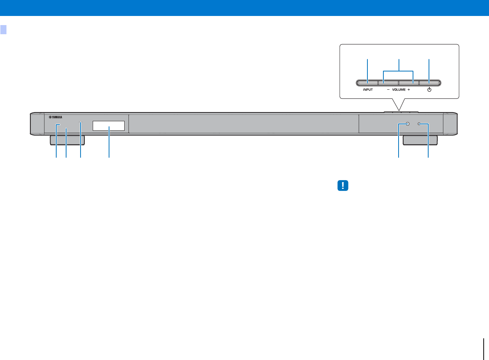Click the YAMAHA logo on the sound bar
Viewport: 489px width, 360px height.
[x=55, y=117]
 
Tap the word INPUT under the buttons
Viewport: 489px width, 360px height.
[x=367, y=90]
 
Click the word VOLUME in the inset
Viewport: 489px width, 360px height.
[x=398, y=90]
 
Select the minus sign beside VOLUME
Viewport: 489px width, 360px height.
[x=388, y=90]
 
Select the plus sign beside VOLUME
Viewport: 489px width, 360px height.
[x=408, y=90]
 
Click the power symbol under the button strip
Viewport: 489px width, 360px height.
[x=429, y=90]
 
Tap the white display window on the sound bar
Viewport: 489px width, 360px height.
[x=109, y=126]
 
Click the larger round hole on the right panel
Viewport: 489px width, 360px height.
[x=407, y=124]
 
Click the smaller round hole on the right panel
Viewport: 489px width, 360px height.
[x=419, y=124]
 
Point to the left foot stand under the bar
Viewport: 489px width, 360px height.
[x=67, y=140]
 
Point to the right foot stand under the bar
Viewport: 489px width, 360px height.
[x=420, y=140]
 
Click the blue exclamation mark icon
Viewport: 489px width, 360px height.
[x=343, y=186]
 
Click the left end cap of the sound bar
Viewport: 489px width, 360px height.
[x=36, y=124]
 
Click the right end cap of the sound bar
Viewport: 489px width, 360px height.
[x=450, y=124]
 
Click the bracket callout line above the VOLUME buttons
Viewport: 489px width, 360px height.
[x=398, y=70]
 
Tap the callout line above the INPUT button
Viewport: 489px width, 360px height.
[x=367, y=70]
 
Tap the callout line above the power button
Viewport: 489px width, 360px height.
[x=429, y=70]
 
